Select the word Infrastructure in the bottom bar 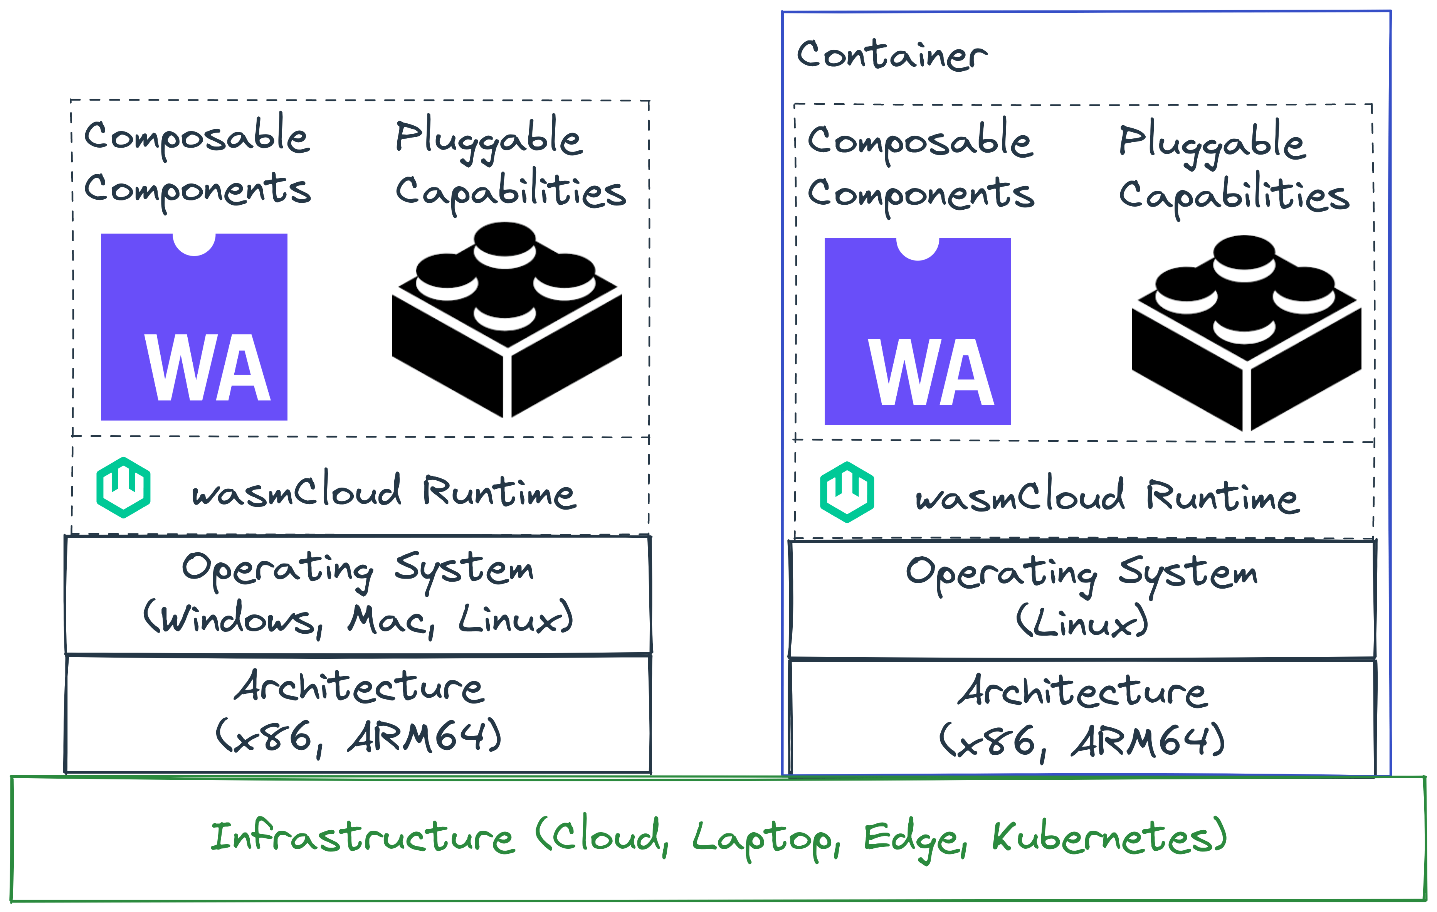tap(361, 837)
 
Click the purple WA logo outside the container tap(194, 327)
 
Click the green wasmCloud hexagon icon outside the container tap(124, 488)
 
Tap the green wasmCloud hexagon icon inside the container tap(847, 492)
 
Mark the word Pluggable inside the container tap(1212, 143)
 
